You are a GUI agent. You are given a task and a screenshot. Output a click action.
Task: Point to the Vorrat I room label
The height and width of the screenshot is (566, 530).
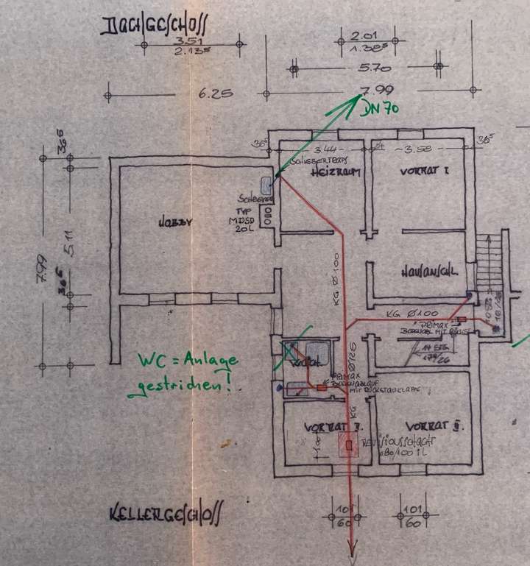(x=424, y=170)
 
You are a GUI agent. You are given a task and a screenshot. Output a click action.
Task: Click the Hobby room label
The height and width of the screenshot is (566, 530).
(x=174, y=223)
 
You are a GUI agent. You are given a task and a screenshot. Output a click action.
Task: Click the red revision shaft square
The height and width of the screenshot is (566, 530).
(x=348, y=445)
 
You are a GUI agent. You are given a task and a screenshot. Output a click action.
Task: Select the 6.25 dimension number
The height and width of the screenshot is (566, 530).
(x=216, y=94)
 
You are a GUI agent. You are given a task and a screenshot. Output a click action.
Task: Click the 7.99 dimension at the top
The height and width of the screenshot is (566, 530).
(x=366, y=92)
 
